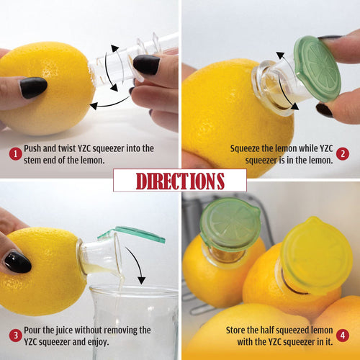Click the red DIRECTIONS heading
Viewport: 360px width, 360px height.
point(179,180)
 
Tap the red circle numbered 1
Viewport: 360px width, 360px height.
point(14,153)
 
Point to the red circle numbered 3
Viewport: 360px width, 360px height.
point(14,336)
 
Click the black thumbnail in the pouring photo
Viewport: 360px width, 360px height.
point(16,261)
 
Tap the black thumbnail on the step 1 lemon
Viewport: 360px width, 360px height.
point(33,87)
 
